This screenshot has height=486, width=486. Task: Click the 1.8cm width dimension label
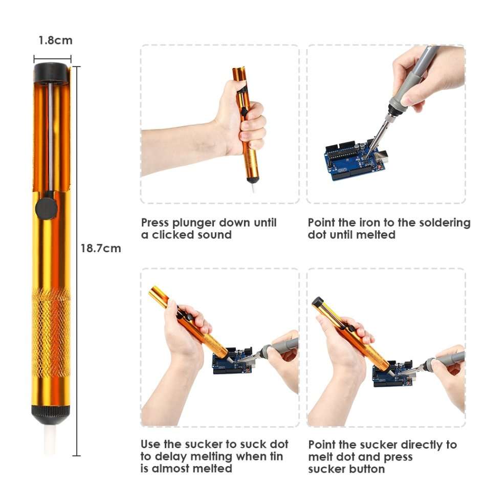coord(55,40)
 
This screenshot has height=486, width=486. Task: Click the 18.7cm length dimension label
coord(101,249)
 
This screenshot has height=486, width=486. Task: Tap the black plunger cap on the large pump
coord(51,72)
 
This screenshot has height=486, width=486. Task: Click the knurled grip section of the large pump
coord(51,333)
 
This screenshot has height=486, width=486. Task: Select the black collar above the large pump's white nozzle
coord(51,412)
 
